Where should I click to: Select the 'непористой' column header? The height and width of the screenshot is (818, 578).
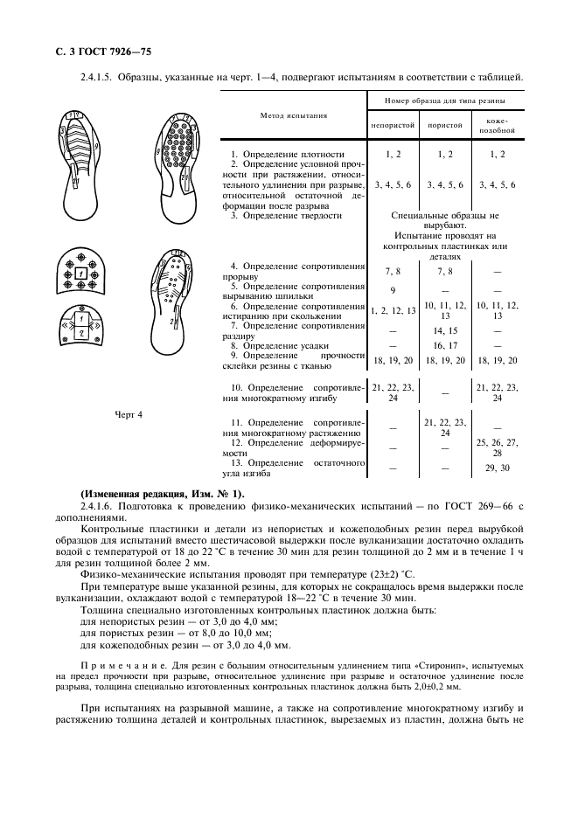393,125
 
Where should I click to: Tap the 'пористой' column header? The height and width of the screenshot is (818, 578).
445,125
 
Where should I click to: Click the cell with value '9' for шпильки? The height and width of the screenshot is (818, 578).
393,290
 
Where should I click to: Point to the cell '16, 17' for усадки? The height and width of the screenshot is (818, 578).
445,346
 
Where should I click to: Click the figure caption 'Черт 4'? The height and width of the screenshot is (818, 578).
129,415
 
